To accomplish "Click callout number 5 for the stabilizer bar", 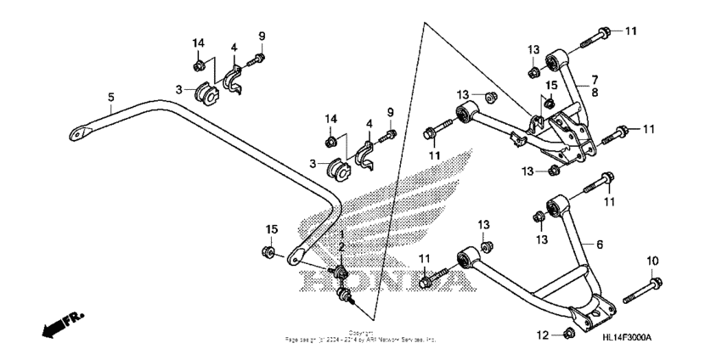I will pyautogui.click(x=110, y=96).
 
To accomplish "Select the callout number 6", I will pyautogui.click(x=599, y=245).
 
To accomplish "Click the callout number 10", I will pyautogui.click(x=653, y=260).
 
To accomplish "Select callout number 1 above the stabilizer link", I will pyautogui.click(x=342, y=234).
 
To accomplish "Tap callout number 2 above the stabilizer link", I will pyautogui.click(x=342, y=246).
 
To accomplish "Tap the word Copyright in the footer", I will pyautogui.click(x=362, y=333).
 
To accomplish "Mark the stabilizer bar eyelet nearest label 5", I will pyautogui.click(x=79, y=132).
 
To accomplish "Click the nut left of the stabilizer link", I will pyautogui.click(x=268, y=253).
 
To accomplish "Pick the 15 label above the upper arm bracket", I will pyautogui.click(x=550, y=85).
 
